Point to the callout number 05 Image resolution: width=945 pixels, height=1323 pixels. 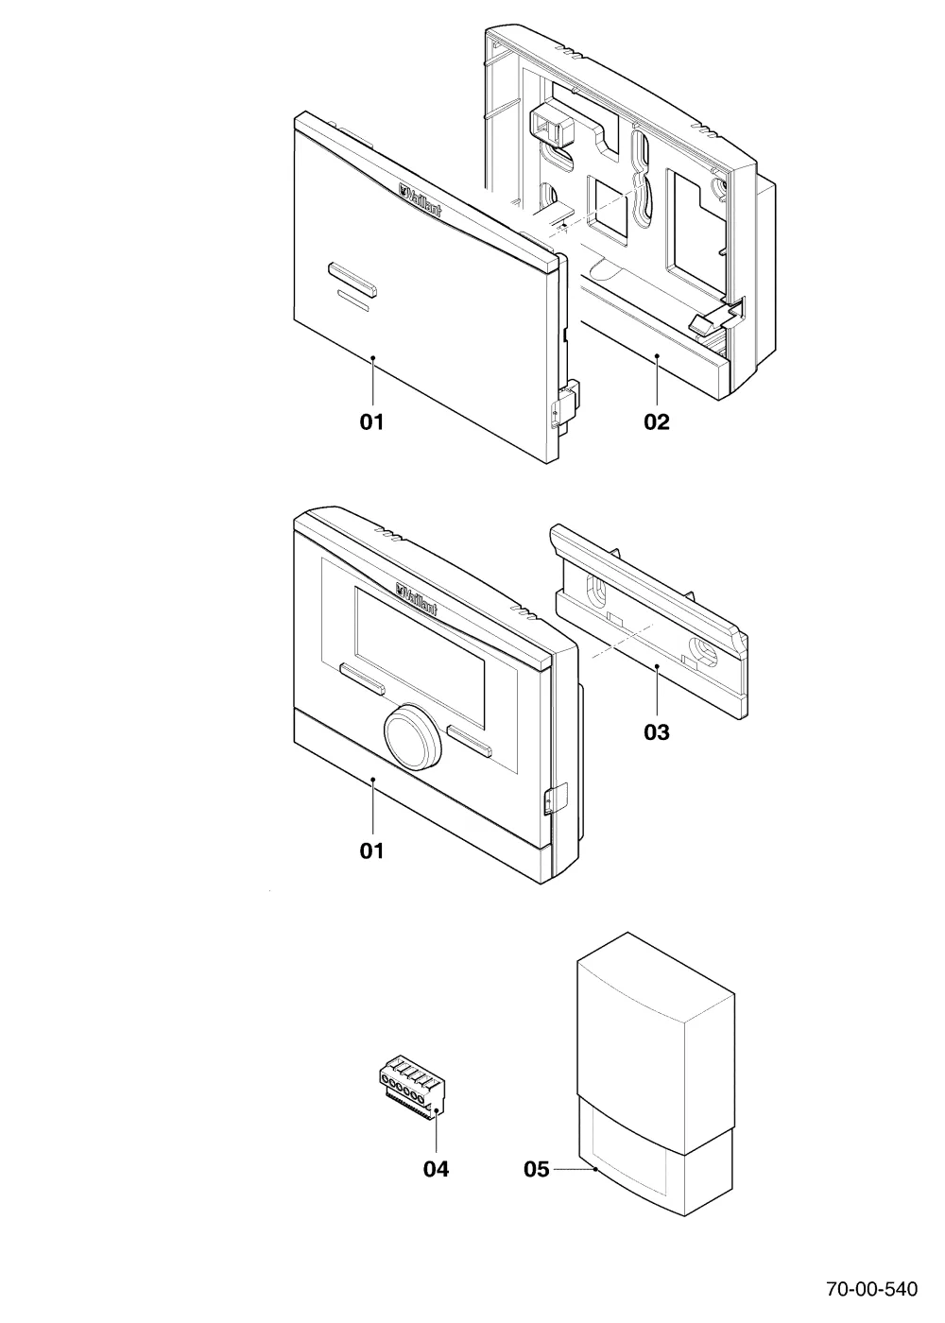[537, 1169]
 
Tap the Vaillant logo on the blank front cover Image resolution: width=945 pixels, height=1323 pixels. [420, 200]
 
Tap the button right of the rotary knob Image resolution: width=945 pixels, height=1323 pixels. [470, 741]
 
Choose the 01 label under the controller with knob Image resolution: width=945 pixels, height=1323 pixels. [371, 851]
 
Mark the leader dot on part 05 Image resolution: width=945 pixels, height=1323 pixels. [596, 1169]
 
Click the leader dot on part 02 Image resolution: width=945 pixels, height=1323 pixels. [657, 355]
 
